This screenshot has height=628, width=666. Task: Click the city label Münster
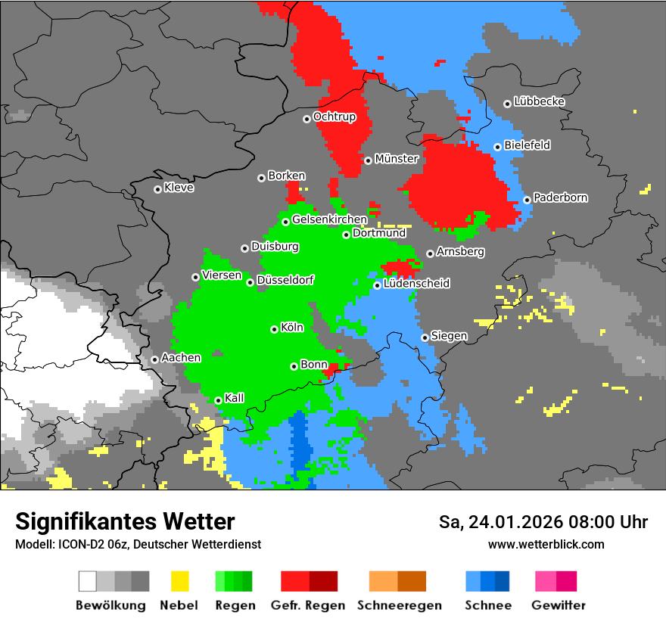point(397,159)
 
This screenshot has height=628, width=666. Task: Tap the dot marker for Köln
point(274,329)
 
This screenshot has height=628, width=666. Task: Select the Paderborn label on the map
point(560,197)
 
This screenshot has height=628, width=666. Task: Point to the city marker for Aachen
point(154,359)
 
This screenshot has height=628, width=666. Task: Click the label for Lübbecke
point(539,101)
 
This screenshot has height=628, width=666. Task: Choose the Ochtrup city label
point(334,117)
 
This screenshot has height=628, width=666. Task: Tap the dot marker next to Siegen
point(425,337)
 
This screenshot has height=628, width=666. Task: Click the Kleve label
point(179,188)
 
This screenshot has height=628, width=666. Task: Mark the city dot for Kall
point(218,400)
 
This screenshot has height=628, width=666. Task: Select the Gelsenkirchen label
point(329,219)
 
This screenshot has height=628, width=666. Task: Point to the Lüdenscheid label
point(416,284)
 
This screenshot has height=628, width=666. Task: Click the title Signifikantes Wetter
point(125,521)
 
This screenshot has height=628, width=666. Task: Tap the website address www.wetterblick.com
point(546,544)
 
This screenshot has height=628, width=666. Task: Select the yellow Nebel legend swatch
point(179,581)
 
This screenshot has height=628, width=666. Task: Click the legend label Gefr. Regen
point(307,605)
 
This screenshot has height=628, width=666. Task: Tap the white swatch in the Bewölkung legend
point(88,581)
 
